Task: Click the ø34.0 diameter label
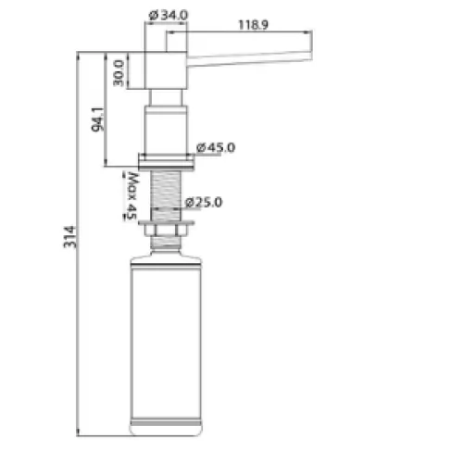[169, 15]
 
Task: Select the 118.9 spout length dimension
[253, 25]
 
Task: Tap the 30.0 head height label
[119, 73]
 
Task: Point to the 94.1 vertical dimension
[97, 119]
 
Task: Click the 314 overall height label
[69, 237]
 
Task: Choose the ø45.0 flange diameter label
[216, 147]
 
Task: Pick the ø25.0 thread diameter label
[204, 203]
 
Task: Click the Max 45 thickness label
[132, 195]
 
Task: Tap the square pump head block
[166, 70]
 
